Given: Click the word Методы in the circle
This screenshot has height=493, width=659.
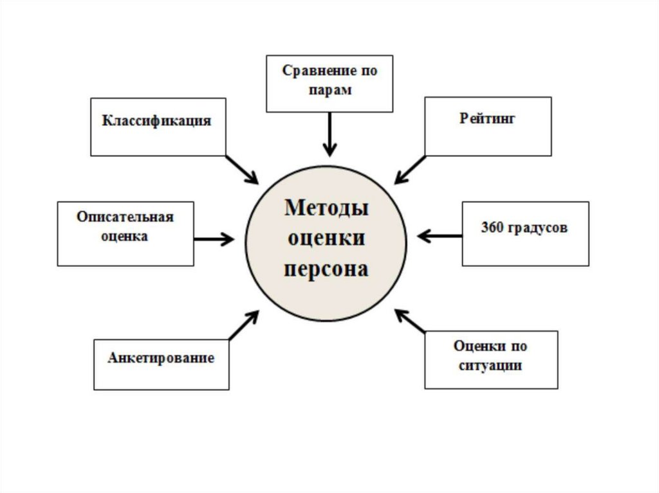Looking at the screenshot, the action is (x=326, y=209).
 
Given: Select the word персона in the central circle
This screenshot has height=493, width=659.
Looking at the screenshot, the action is (x=326, y=268).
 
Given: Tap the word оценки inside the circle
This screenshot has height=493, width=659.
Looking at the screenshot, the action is (x=326, y=238).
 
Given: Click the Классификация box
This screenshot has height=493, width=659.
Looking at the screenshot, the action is (x=158, y=127).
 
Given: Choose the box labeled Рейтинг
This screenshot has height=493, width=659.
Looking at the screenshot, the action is (x=488, y=126).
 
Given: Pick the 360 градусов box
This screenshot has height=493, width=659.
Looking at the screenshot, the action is (x=525, y=233).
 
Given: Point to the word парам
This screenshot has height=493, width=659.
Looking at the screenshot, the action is (x=329, y=91).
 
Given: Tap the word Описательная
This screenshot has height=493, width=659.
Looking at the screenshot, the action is (x=125, y=217).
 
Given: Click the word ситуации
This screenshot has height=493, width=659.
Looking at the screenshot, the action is (x=490, y=366).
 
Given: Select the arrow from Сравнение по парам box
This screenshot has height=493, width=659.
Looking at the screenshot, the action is (x=329, y=134).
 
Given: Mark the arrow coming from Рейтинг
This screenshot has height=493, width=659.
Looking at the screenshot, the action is (x=411, y=168).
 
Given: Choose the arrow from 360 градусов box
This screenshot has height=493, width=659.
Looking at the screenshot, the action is (x=440, y=236).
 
